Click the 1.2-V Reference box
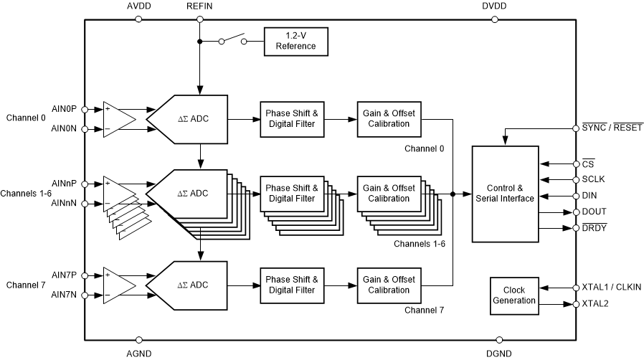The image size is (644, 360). coord(297,41)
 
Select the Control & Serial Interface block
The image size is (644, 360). coord(505,194)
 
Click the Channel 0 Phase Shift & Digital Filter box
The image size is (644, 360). coord(290,119)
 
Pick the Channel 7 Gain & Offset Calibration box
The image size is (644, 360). coord(388,285)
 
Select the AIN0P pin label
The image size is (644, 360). coord(65,109)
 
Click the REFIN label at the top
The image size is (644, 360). coord(199,6)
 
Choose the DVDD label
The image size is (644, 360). coord(495,6)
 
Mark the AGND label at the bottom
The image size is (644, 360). coord(138,354)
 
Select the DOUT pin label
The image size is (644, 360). coord(595,212)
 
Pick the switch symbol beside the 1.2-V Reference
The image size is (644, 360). coord(232,39)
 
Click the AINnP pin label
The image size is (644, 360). coord(65,183)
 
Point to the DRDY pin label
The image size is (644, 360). coord(595,228)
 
